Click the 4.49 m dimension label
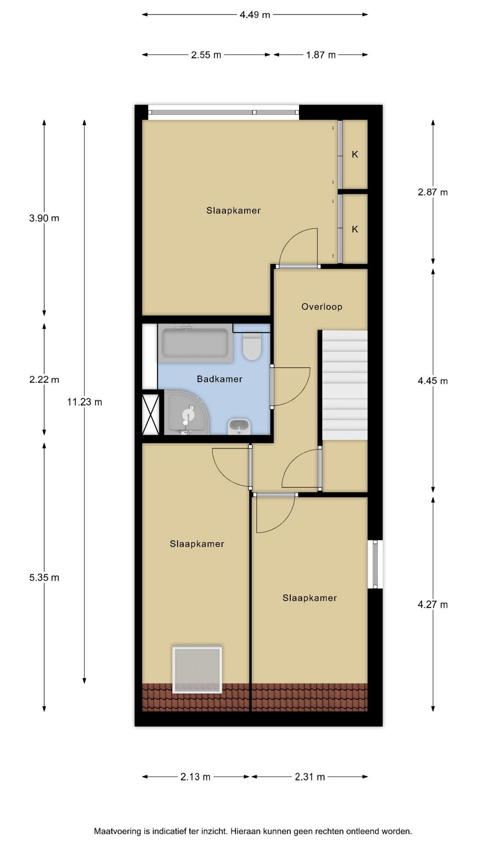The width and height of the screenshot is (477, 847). click(x=255, y=15)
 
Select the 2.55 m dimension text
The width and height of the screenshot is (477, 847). click(x=206, y=55)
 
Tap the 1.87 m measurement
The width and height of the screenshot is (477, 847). click(x=321, y=55)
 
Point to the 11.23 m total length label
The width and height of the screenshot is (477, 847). click(x=84, y=402)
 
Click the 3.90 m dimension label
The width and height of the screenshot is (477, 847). click(x=44, y=218)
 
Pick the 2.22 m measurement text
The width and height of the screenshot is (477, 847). click(x=44, y=379)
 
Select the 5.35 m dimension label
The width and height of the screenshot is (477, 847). click(x=44, y=577)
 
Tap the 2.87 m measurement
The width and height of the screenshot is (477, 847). click(x=433, y=192)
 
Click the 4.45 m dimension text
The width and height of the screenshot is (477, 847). click(x=433, y=381)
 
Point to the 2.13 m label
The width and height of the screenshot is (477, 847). click(x=195, y=777)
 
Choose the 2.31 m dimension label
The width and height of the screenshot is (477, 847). click(x=310, y=777)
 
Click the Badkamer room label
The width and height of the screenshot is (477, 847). click(x=220, y=379)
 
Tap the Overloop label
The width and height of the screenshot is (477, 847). click(x=322, y=307)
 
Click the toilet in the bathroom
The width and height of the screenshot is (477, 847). click(x=252, y=346)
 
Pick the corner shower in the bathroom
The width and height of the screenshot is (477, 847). click(x=186, y=412)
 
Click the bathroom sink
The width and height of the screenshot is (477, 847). click(x=239, y=426)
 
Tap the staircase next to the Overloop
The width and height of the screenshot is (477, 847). click(x=344, y=385)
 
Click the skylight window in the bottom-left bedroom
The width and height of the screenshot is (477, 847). click(x=197, y=670)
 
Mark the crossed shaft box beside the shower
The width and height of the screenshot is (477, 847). click(x=150, y=414)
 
